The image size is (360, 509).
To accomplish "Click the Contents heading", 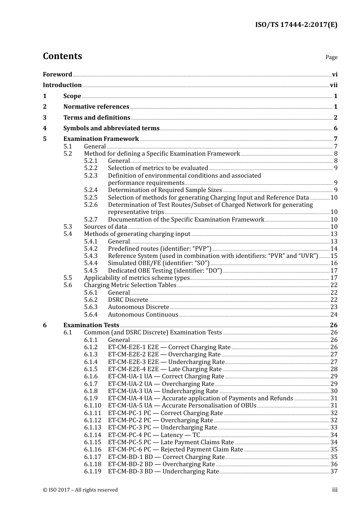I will [62, 56].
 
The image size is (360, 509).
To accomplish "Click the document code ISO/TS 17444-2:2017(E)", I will [296, 25].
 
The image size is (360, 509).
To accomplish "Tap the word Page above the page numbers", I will [331, 57].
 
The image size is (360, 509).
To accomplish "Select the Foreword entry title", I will [57, 74].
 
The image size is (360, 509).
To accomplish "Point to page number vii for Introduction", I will [333, 85].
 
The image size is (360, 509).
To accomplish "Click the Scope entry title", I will [72, 96].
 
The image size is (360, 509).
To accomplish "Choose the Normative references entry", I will [96, 107].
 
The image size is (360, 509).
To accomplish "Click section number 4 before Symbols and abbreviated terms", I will [45, 128].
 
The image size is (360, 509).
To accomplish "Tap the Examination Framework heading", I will [101, 139].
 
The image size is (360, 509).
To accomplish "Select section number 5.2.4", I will [91, 190].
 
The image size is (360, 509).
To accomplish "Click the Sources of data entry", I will [105, 227].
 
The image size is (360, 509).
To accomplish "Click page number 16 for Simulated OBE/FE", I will [334, 263].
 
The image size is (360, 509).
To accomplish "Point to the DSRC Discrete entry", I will [128, 300].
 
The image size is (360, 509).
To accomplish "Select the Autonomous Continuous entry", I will [143, 315].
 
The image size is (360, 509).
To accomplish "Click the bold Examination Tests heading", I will [91, 325].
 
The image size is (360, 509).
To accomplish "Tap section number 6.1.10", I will [92, 406].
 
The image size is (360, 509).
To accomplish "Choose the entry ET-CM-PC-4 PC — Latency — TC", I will [153, 435].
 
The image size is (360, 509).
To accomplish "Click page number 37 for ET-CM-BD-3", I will [334, 472].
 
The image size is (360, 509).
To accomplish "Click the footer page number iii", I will [335, 490].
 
